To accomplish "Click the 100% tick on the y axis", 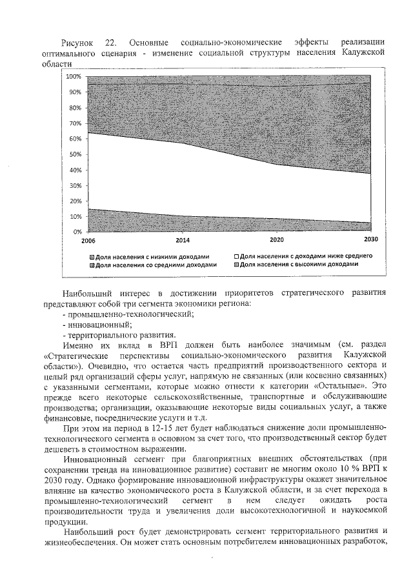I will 73,77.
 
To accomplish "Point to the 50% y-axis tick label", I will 74,154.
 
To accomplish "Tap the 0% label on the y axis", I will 76,231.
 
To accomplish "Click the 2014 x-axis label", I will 183,240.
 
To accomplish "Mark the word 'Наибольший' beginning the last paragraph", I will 89,532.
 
